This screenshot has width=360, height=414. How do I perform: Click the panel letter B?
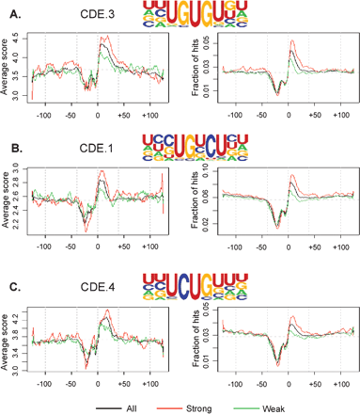click(10, 149)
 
